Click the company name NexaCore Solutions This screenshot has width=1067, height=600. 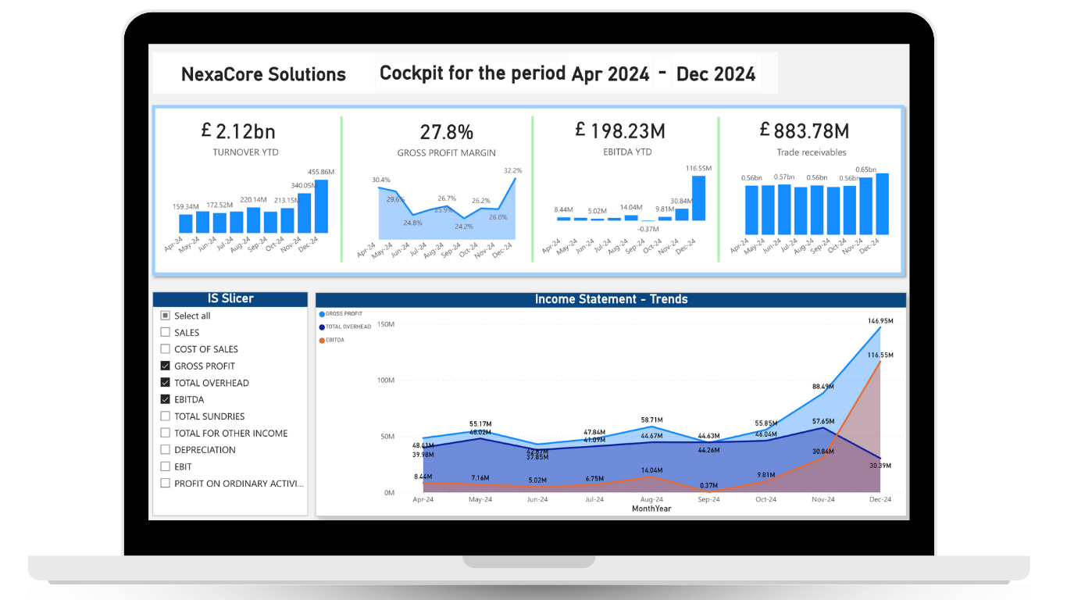pyautogui.click(x=263, y=74)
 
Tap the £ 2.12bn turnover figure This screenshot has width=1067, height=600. pyautogui.click(x=238, y=131)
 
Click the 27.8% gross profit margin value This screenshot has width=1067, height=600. pyautogui.click(x=446, y=131)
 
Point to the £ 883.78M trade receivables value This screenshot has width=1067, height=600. pyautogui.click(x=804, y=130)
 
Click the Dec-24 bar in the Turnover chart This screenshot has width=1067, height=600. pyautogui.click(x=321, y=206)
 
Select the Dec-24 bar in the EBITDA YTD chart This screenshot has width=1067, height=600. pyautogui.click(x=698, y=198)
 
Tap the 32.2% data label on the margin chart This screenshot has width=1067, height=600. pyautogui.click(x=512, y=170)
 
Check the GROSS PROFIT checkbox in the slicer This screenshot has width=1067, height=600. pyautogui.click(x=165, y=366)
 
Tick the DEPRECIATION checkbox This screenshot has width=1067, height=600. pyautogui.click(x=165, y=449)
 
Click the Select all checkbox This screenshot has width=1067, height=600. pyautogui.click(x=165, y=316)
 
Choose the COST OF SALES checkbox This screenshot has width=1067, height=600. pyautogui.click(x=165, y=349)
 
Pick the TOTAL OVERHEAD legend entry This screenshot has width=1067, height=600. pyautogui.click(x=348, y=327)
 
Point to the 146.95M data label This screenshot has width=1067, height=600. pyautogui.click(x=880, y=321)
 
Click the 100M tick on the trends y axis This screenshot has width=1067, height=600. pyautogui.click(x=385, y=380)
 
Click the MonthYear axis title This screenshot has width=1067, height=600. pyautogui.click(x=651, y=509)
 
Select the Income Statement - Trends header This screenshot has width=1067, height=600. pyautogui.click(x=611, y=299)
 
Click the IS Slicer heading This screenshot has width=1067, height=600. pyautogui.click(x=230, y=298)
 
